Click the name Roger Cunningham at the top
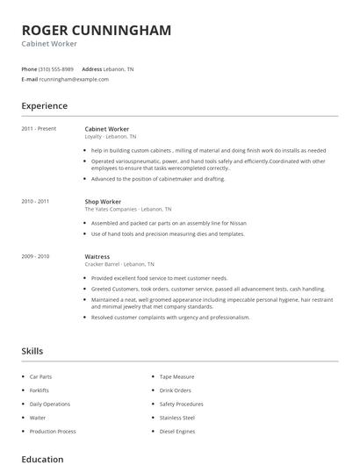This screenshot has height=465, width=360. [97, 31]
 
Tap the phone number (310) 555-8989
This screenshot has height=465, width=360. [56, 68]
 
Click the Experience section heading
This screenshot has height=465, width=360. [45, 106]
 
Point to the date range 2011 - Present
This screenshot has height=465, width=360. [40, 129]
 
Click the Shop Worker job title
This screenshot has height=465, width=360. [104, 202]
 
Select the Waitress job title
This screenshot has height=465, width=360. [97, 256]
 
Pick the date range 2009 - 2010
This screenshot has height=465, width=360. [36, 256]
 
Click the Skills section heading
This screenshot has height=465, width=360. [32, 351]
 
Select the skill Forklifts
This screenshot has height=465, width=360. [40, 390]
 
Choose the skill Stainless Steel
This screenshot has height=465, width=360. [178, 418]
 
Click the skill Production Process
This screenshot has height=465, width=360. [53, 432]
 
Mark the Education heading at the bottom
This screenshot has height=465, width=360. [42, 459]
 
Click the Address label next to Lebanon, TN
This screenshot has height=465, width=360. [92, 68]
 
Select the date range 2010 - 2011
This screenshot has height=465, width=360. [36, 202]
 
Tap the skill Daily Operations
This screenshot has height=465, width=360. [49, 404]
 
